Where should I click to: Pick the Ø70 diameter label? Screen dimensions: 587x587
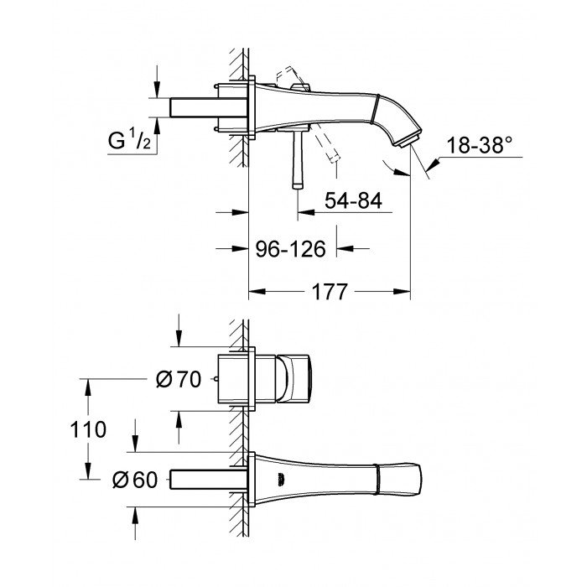coord(179,380)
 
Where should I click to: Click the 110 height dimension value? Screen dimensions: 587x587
coord(89,430)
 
